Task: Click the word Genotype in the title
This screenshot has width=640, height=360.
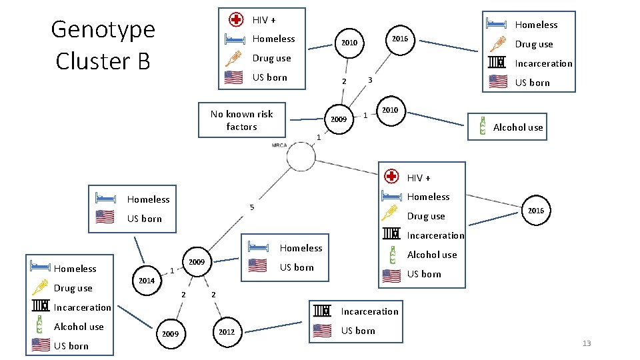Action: (x=103, y=29)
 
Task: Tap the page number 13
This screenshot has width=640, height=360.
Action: (x=587, y=343)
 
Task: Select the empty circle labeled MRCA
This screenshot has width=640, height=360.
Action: (x=301, y=158)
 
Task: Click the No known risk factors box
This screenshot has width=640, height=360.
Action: (x=242, y=120)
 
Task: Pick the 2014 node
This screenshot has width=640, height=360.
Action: (x=147, y=281)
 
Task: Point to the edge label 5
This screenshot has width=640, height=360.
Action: (x=251, y=207)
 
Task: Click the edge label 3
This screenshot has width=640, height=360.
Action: (x=370, y=81)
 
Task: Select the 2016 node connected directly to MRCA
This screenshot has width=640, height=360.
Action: (x=536, y=211)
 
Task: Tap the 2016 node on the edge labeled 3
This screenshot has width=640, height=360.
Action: (x=400, y=39)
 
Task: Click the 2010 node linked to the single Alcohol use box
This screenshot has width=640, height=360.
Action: (x=390, y=110)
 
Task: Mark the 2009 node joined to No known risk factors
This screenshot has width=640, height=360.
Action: (x=339, y=120)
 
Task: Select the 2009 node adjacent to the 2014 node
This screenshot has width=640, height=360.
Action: (x=196, y=262)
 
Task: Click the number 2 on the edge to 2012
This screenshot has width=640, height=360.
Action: (x=213, y=295)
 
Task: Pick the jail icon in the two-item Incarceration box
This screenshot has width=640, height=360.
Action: (x=323, y=311)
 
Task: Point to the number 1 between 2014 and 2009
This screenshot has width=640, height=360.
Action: (x=172, y=271)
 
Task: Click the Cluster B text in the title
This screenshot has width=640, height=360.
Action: (x=103, y=61)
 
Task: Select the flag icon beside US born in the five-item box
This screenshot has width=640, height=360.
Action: (x=41, y=345)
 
